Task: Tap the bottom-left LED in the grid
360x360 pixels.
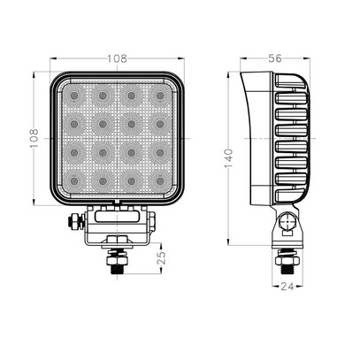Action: [75, 180]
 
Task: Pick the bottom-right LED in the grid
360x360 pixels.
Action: [160, 180]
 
